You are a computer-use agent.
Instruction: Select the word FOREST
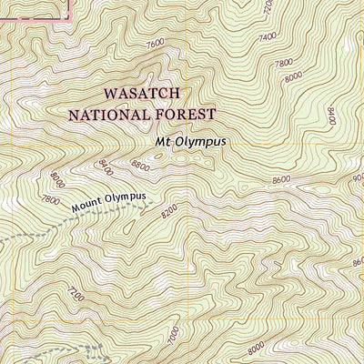187,115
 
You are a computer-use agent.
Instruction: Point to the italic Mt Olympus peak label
190,142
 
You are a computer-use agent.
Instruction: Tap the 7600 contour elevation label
155,43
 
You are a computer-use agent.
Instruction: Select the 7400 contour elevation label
268,36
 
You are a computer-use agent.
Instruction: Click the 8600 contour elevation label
281,181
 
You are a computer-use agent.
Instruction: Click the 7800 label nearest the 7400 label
285,63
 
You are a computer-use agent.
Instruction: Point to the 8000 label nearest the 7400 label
293,79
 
